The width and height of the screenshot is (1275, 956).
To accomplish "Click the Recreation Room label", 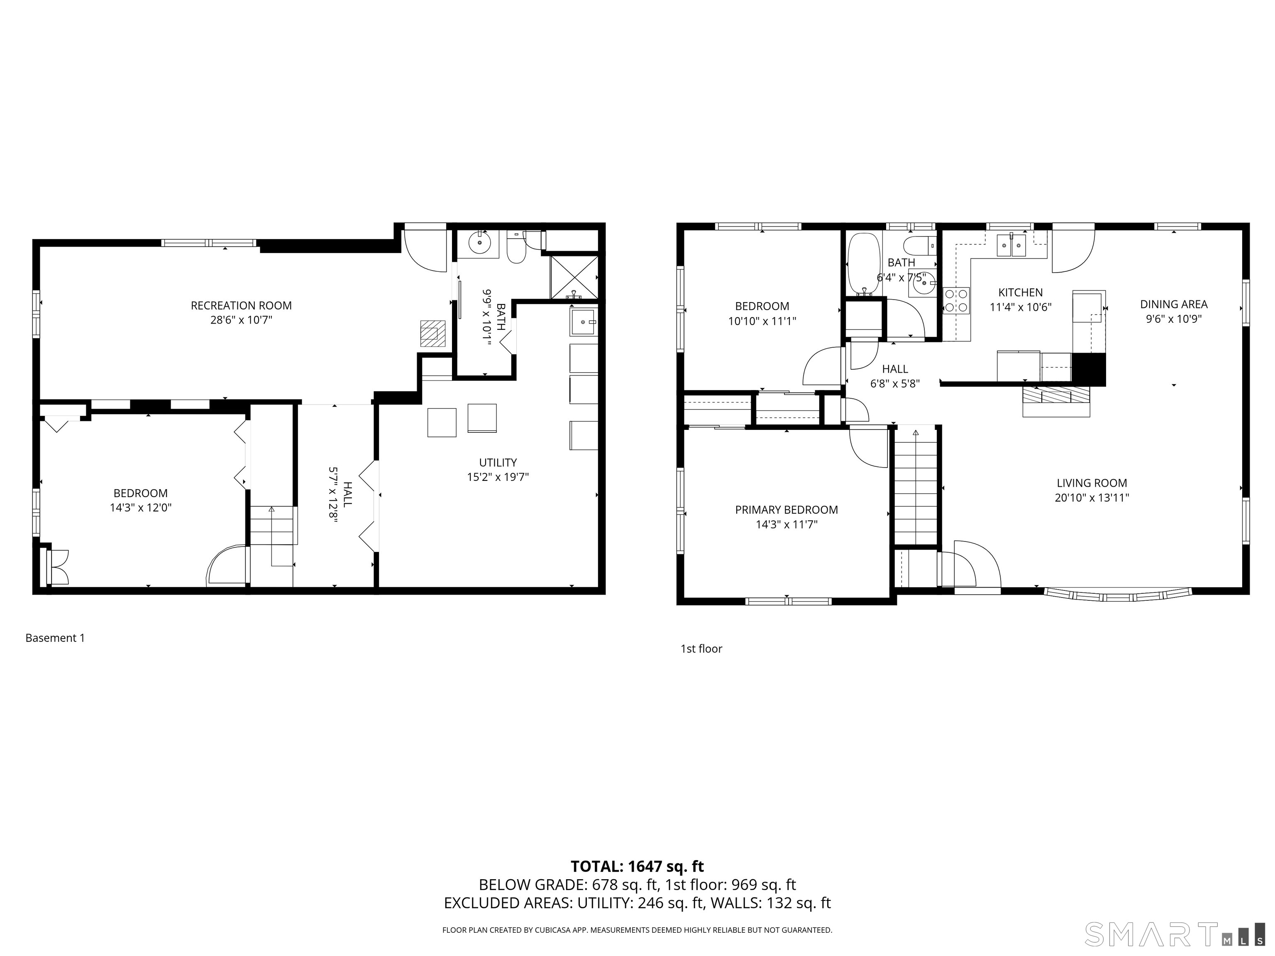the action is [x=241, y=305].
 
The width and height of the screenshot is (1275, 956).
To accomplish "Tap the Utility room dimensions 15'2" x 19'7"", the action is [x=498, y=477].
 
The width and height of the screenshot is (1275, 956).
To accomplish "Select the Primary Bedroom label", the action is [x=786, y=510].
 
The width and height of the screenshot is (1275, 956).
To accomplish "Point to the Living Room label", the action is [x=1092, y=483].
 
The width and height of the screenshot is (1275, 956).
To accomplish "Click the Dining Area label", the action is [x=1174, y=304].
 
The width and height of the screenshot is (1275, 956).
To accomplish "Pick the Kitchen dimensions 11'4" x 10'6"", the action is [x=1020, y=307].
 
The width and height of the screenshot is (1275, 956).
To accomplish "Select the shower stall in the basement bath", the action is [x=574, y=277].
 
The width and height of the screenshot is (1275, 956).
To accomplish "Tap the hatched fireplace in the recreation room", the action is [x=432, y=333].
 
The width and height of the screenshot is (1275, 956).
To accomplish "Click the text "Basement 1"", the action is [x=55, y=638].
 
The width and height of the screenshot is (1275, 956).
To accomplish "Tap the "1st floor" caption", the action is [x=701, y=649].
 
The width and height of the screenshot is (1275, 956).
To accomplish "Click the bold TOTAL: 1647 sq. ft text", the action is [x=637, y=867].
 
